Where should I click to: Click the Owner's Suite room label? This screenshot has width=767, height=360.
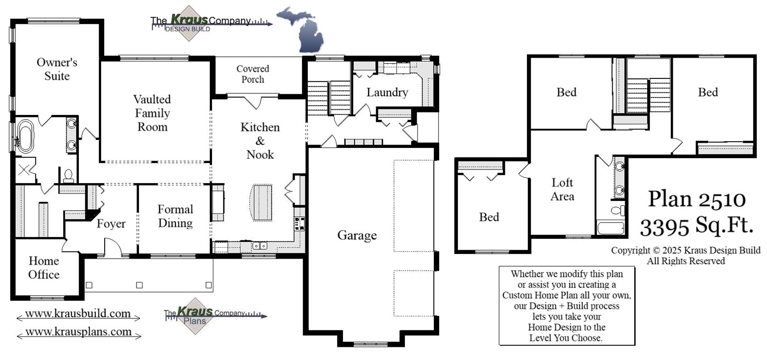click(x=57, y=69)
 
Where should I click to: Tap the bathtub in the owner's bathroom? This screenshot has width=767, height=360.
click(x=25, y=136)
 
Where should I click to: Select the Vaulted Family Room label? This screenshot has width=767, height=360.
click(x=152, y=113)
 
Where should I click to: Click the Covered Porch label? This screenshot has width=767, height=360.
click(x=253, y=74)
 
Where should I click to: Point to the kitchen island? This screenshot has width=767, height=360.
click(x=261, y=202)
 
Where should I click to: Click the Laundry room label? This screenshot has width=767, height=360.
click(x=387, y=92)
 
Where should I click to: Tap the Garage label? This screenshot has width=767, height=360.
click(x=357, y=235)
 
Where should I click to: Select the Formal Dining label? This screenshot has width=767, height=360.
click(x=175, y=216)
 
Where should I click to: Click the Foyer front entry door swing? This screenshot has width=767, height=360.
click(x=112, y=247)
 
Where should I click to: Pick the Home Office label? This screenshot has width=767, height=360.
click(x=44, y=268)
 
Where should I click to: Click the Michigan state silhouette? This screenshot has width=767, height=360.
click(x=300, y=29)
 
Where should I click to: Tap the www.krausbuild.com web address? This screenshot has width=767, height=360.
click(x=78, y=314)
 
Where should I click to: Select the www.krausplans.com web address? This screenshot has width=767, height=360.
click(x=78, y=332)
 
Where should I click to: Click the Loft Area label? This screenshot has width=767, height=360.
click(x=562, y=189)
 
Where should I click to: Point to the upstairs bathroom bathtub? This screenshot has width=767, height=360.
click(x=610, y=228)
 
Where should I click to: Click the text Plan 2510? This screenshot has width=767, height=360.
click(x=697, y=199)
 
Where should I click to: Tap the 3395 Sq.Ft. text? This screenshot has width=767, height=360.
click(x=697, y=227)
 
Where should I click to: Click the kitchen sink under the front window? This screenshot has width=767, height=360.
click(x=259, y=246)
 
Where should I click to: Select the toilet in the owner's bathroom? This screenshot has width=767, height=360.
click(x=68, y=176)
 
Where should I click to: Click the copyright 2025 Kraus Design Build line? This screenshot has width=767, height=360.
click(x=685, y=251)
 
